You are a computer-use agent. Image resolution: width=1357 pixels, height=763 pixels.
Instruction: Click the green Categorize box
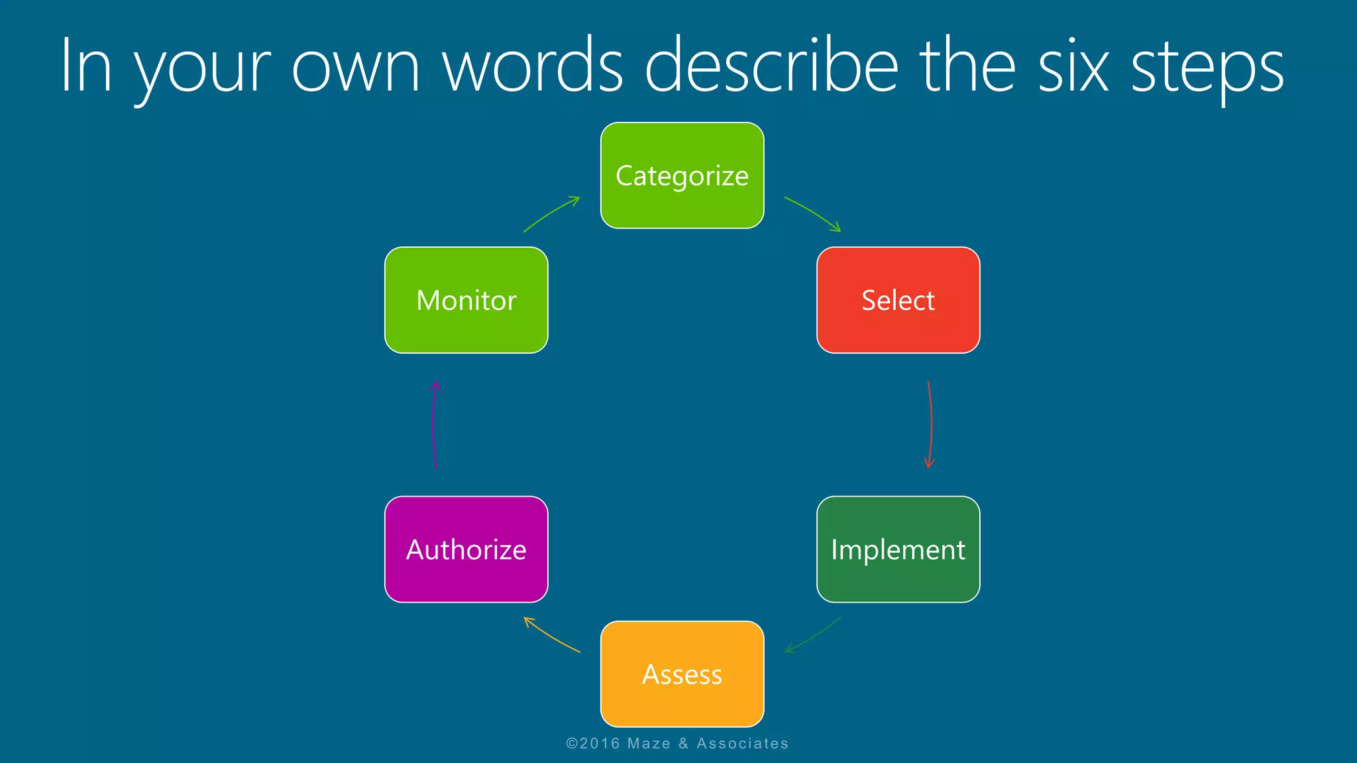coord(682,176)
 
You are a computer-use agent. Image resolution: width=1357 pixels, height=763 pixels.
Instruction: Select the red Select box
coord(898,300)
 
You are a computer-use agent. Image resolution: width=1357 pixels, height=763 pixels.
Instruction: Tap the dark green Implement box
coord(898,549)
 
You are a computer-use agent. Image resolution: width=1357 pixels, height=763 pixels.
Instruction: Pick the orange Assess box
coord(682,674)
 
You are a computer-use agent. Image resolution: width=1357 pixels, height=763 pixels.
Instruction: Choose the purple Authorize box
coord(466,549)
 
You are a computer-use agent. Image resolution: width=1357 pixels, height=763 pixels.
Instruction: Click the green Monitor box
coord(466,300)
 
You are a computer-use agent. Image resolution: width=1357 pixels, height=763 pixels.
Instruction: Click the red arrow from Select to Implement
coord(931,424)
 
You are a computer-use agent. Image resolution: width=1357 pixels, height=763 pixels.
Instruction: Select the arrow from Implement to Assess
coord(814,636)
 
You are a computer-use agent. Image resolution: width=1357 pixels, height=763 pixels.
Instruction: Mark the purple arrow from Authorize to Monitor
coord(433,424)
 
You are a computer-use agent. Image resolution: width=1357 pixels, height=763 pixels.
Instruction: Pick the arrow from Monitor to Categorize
coord(551,213)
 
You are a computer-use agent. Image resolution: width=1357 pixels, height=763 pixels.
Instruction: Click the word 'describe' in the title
coord(771,66)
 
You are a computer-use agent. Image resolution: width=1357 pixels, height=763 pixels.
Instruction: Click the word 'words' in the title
coord(533,66)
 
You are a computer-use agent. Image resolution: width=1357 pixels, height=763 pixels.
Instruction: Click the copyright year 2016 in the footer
coord(600,744)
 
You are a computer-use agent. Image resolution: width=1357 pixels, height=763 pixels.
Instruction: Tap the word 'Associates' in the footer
coord(742,744)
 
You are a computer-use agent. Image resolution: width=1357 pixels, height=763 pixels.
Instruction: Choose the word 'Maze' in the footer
coord(649,744)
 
